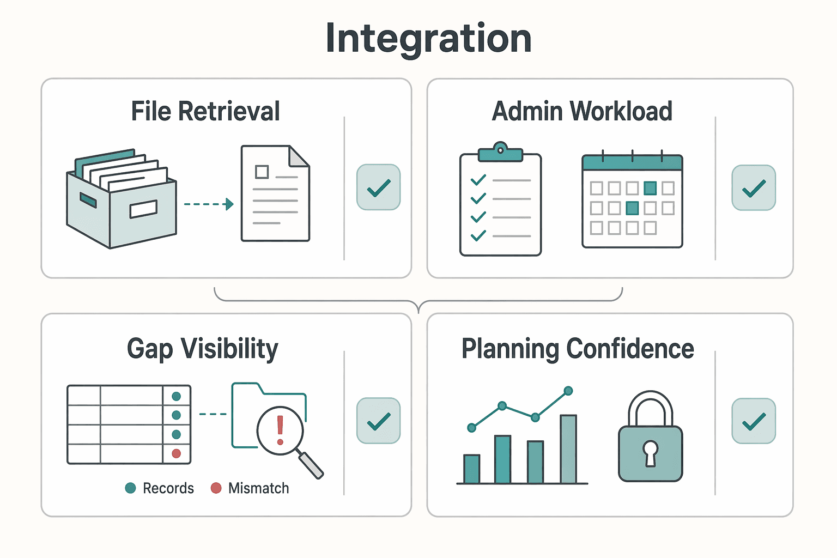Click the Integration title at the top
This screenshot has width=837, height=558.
[428, 39]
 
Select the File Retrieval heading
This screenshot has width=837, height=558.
[205, 111]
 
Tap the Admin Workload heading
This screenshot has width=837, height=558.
[582, 111]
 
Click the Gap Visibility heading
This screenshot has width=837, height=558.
[203, 349]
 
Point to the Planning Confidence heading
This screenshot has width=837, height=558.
[578, 349]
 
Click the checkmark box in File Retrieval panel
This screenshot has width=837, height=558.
[379, 187]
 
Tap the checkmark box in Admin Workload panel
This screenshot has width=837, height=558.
[754, 187]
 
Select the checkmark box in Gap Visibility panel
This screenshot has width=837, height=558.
[379, 421]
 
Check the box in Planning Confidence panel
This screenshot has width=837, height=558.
[754, 421]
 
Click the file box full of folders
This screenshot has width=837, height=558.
[121, 199]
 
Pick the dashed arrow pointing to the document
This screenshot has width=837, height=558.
[209, 204]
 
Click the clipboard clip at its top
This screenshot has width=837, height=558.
[500, 151]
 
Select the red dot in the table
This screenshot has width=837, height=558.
[177, 454]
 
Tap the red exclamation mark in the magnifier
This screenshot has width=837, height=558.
[280, 430]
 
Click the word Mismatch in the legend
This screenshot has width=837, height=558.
[259, 488]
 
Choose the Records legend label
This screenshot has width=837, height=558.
[168, 488]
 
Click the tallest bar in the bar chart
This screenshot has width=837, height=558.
[568, 449]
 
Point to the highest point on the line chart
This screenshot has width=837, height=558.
[568, 391]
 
